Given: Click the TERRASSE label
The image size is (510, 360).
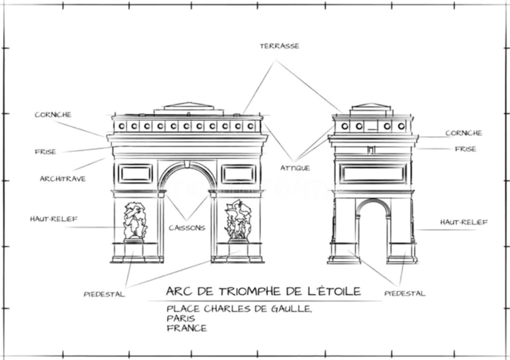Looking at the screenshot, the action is coord(279,46).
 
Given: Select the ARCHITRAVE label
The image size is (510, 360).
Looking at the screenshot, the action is coord(62,178).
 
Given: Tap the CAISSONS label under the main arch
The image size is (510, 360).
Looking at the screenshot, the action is coord(186,227).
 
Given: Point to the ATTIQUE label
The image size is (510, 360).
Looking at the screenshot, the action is coord(294,167).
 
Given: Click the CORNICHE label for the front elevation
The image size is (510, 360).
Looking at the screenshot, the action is coord(53,115).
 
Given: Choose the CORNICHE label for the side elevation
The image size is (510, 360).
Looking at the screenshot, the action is coord(463,133).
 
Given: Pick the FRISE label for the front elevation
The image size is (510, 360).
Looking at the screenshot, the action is coord(45,151).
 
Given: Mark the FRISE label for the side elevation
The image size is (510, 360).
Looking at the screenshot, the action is coord(465,149).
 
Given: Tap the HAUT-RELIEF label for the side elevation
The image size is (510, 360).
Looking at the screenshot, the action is coord(463,222).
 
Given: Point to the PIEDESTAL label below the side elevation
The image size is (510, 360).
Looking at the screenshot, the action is coord(405,293).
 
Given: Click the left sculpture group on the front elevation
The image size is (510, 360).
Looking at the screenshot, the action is coord(134,220).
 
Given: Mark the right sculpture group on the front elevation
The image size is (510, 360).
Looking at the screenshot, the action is coord(238,221).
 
